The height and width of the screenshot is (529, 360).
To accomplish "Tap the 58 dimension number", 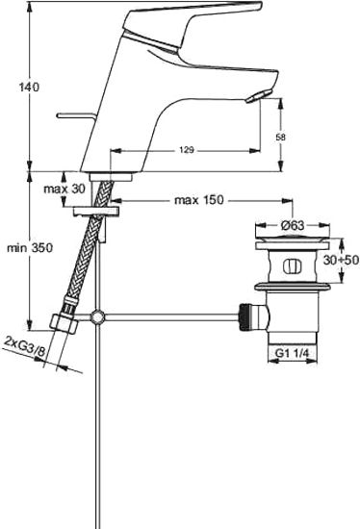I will [280, 138].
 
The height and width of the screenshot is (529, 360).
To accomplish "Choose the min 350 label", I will [26, 248].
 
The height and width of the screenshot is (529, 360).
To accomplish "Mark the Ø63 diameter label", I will [294, 227].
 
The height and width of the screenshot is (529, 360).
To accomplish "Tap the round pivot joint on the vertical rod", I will [96, 315].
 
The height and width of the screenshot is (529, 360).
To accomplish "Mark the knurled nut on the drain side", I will [247, 315].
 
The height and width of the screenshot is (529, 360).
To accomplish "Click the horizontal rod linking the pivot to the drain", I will [168, 315].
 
